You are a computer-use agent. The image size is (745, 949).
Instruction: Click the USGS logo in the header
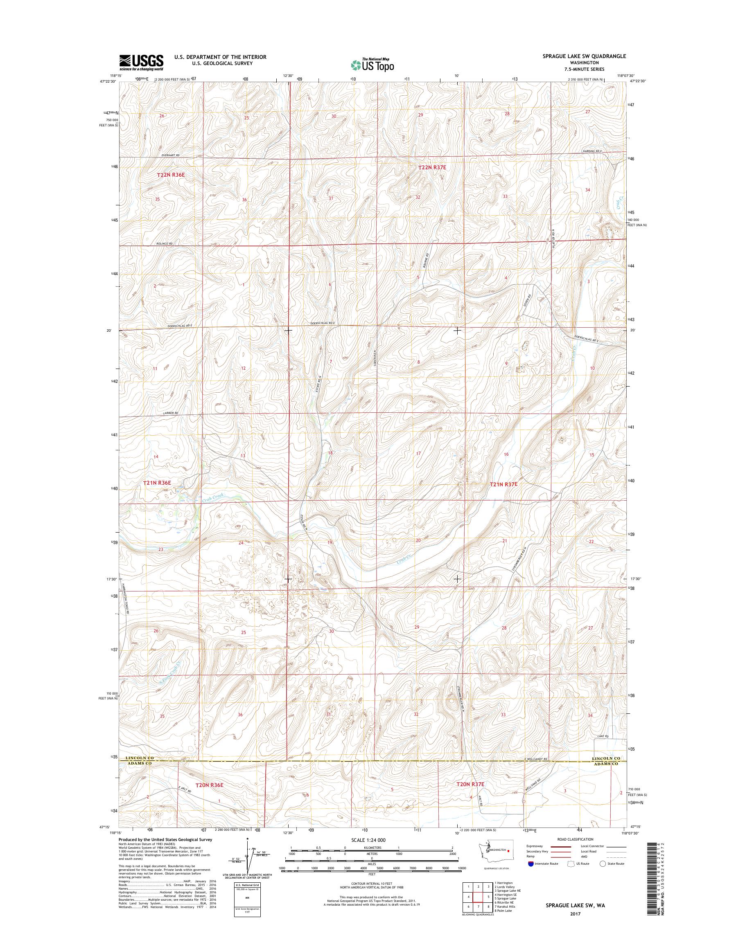pos(141,63)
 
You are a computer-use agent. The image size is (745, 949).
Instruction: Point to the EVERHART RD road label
pos(170,155)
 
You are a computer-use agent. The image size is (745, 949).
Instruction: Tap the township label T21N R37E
pos(503,484)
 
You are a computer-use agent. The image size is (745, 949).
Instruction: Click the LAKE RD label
pos(603,736)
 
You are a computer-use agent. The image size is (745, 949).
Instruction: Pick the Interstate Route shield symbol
pos(531,864)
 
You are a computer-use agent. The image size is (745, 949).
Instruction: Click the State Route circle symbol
pos(603,864)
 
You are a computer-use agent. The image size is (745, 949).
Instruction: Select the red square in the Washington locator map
pos(508,850)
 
